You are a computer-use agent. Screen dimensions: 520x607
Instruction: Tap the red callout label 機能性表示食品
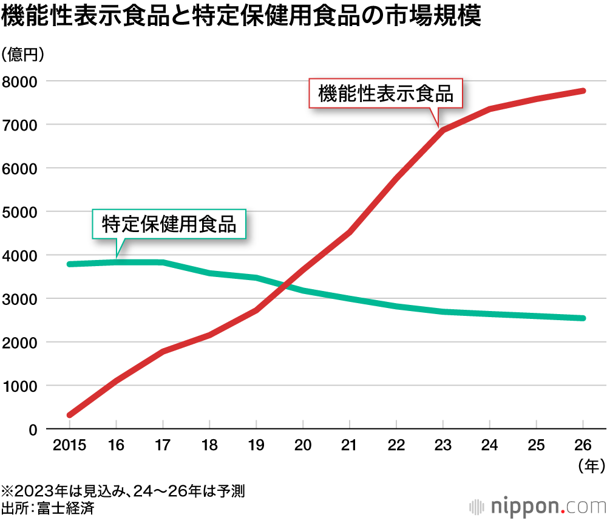coord(385,94)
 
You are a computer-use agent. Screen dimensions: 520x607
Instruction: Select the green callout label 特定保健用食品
coord(169,224)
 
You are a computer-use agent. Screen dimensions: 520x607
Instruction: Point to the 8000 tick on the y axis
coord(21,81)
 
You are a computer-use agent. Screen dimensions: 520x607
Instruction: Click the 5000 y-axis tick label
coord(21,212)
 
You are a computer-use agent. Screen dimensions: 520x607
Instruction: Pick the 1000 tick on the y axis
coord(21,386)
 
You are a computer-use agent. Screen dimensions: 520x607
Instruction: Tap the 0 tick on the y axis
coord(33,429)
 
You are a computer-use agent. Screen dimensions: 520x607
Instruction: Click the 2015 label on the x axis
coord(69,446)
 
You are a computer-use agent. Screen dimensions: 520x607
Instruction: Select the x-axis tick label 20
coord(302,446)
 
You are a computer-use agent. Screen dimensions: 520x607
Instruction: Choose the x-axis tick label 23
coord(443,446)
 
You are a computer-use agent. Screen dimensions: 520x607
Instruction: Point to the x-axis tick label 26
coord(583,446)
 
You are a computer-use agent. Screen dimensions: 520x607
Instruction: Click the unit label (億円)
coord(23,55)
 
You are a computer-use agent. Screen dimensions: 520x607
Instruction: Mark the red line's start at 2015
coord(70,416)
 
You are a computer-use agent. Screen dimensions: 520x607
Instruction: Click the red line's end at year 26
coord(583,91)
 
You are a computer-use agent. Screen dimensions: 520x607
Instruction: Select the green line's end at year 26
coord(583,318)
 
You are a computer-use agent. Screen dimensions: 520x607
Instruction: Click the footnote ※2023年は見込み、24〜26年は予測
coord(124,490)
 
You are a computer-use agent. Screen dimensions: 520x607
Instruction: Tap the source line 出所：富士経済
coord(48,508)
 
